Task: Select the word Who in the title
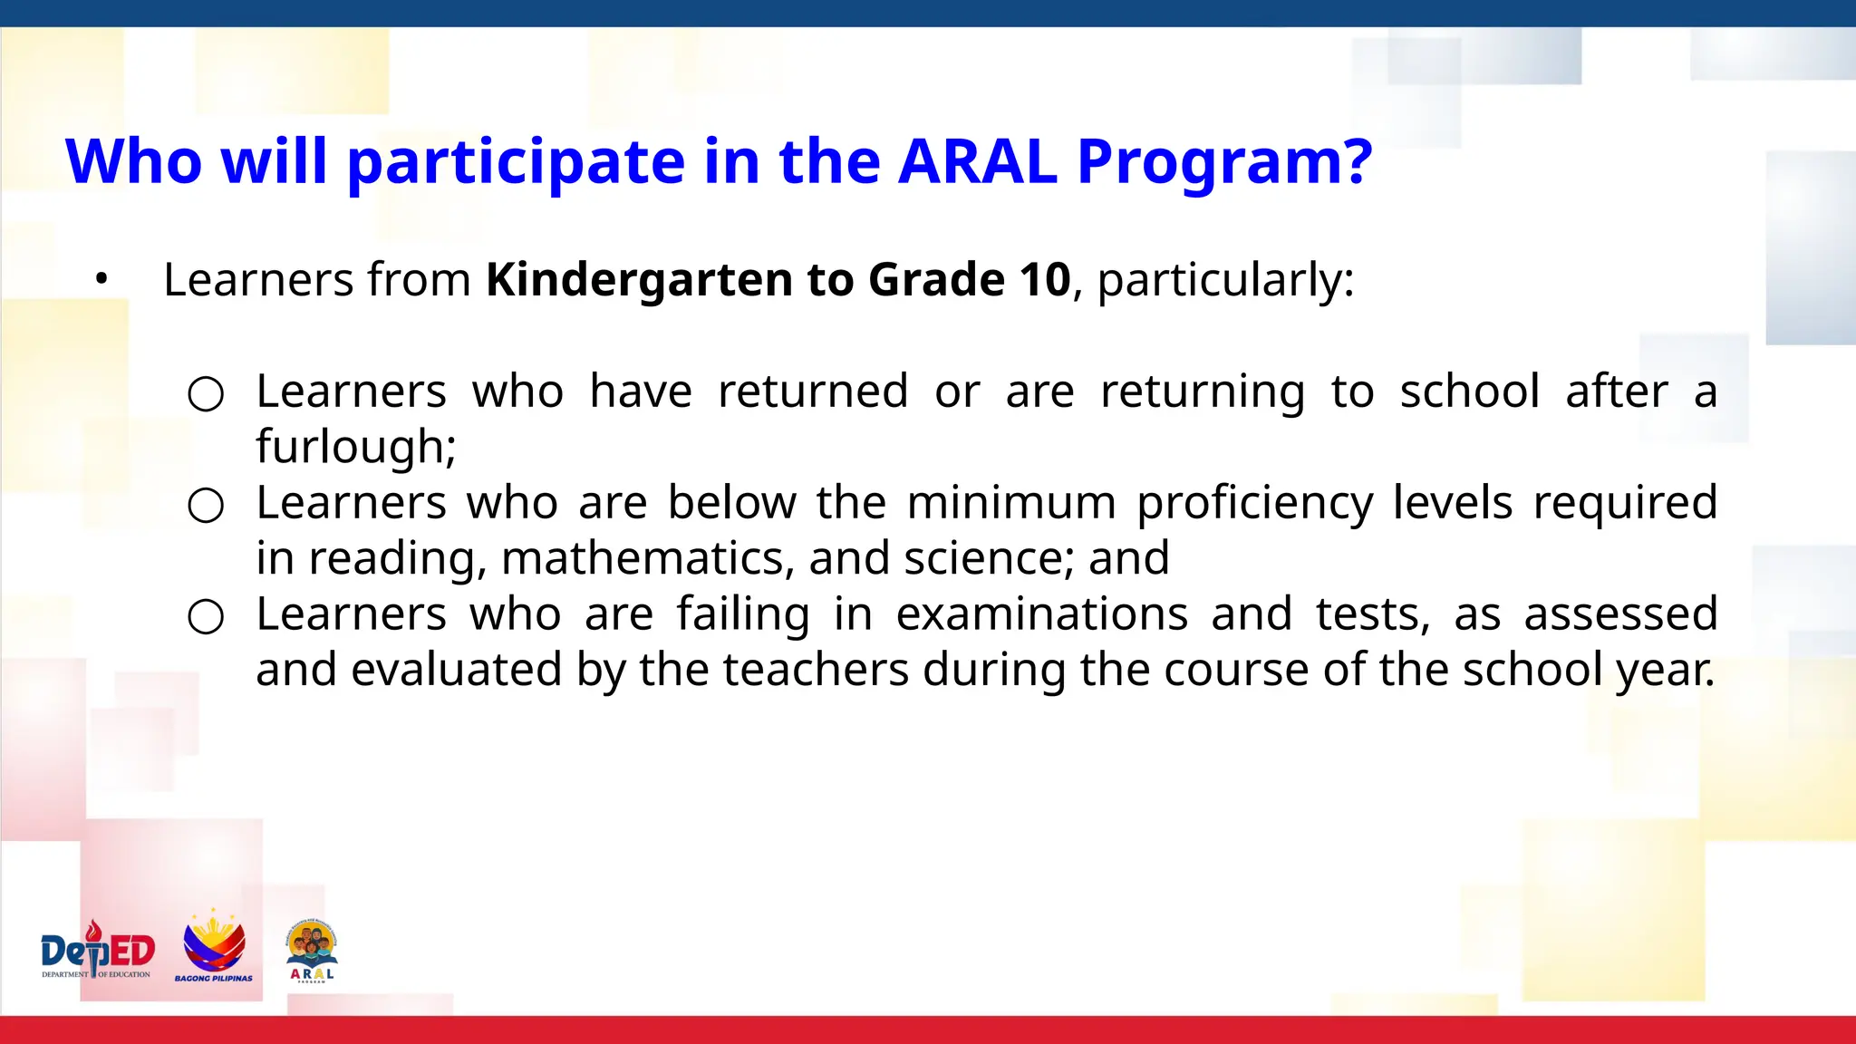pos(134,162)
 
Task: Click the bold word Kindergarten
pos(638,280)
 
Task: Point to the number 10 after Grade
pos(1045,279)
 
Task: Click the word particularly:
pos(1225,280)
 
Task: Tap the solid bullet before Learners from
pos(101,279)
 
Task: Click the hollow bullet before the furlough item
pos(206,394)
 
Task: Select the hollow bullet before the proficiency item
pos(206,506)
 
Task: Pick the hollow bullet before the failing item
pos(206,617)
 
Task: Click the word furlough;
pos(355,447)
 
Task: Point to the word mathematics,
pos(646,558)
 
